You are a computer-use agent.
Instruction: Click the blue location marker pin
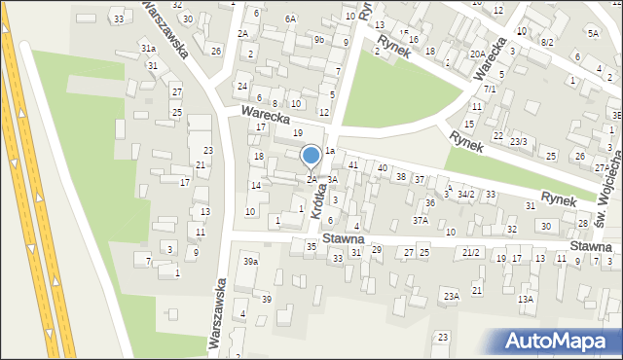[x=311, y=156]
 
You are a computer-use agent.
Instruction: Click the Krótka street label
[x=317, y=202]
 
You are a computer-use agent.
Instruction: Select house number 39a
[x=251, y=262]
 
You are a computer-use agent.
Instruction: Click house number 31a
[x=148, y=48]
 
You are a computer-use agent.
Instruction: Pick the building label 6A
[x=290, y=18]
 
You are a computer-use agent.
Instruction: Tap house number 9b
[x=319, y=40]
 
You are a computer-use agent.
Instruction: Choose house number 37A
[x=420, y=221]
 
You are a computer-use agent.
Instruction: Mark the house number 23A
[x=451, y=296]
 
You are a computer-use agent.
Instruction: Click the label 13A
[x=526, y=300]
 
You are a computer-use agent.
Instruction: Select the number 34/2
[x=466, y=195]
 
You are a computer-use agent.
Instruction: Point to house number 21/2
[x=472, y=253]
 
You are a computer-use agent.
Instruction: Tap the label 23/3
[x=519, y=142]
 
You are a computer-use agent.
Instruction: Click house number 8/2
[x=547, y=43]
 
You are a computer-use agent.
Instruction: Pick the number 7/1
[x=490, y=90]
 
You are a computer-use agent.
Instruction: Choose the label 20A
[x=477, y=54]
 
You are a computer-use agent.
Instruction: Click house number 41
[x=353, y=166]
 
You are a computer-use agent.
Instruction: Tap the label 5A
[x=593, y=33]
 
